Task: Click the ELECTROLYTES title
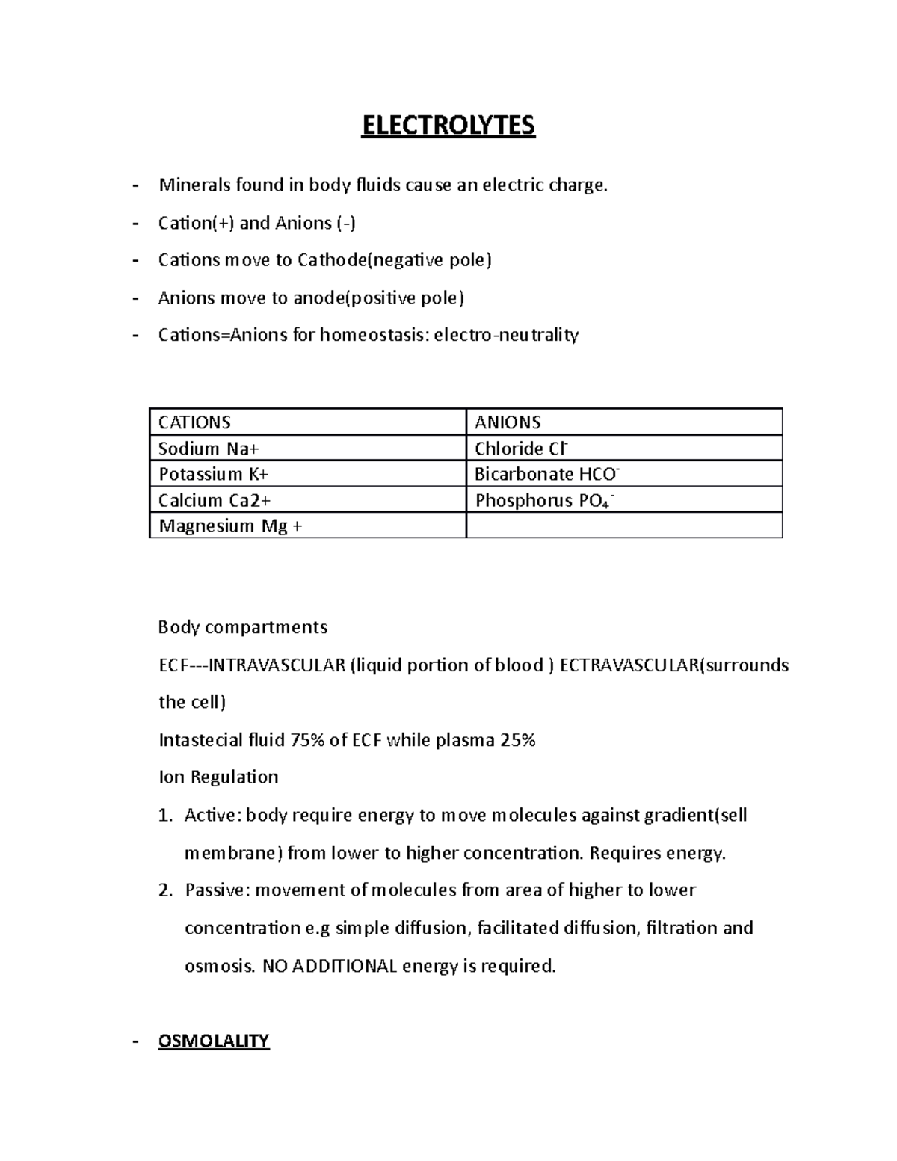(449, 125)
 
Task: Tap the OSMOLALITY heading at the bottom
(213, 1041)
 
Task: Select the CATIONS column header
(194, 422)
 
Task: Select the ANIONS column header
(508, 422)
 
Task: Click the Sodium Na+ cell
(209, 449)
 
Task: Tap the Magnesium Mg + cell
(230, 526)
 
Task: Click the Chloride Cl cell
(521, 449)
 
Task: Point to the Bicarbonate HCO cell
(546, 474)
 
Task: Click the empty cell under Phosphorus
(623, 526)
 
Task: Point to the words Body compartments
(243, 626)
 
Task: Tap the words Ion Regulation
(218, 777)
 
